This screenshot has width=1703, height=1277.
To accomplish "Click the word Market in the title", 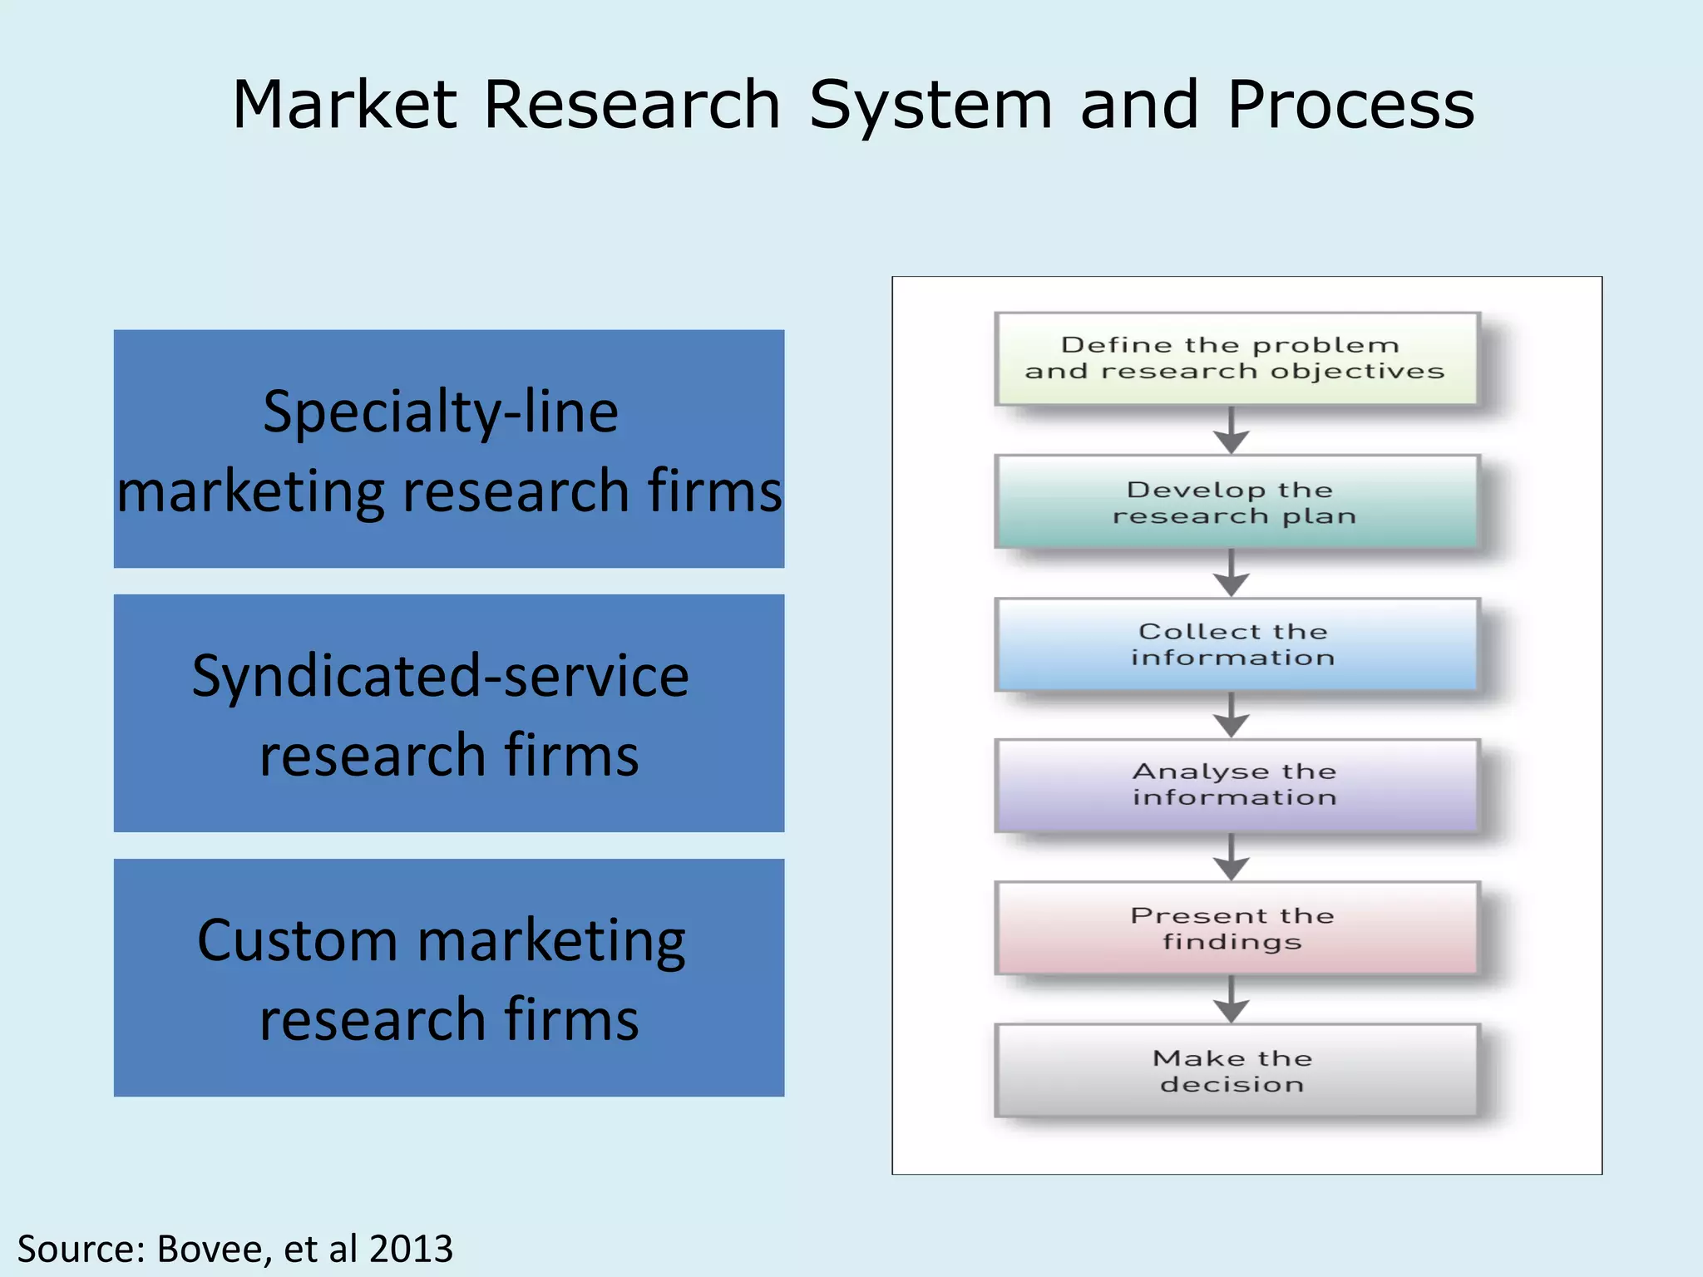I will coord(344,105).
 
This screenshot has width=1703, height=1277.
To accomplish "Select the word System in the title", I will coord(930,106).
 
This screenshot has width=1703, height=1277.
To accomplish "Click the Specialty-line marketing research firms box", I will coord(449,449).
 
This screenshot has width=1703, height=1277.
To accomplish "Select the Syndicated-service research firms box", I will coord(449,713).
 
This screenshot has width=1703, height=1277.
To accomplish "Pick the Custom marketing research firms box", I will coord(449,978).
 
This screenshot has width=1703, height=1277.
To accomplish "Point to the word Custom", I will coord(297,941).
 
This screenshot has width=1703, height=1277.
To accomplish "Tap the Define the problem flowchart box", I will coord(1236,358).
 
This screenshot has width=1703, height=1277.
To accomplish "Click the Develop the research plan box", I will coord(1236,502).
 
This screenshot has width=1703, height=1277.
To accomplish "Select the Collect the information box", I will coord(1236,644).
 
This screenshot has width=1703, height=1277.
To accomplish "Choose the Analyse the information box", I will coord(1236,785).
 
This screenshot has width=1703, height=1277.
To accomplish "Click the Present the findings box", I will coord(1236,928).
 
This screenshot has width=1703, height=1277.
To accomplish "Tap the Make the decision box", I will coord(1236,1071).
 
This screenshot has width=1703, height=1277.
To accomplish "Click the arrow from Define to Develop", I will coord(1232,431).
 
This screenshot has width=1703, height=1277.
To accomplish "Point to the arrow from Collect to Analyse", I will coord(1232,715).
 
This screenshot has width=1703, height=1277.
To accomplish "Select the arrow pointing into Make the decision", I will coord(1232,1000).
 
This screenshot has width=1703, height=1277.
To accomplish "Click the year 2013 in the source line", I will coord(411,1249).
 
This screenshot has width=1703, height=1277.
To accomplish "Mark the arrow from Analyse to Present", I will coord(1232,858).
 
